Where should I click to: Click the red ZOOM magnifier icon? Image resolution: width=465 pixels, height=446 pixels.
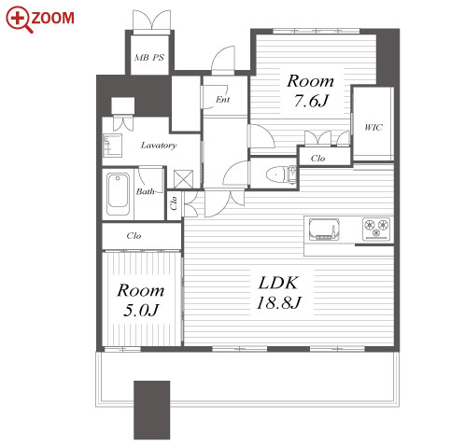[x=20, y=20]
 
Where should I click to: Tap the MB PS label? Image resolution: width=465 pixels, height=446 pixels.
[x=149, y=58]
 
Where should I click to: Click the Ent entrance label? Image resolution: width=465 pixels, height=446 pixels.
[x=223, y=99]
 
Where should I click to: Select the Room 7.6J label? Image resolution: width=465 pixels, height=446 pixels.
[x=311, y=91]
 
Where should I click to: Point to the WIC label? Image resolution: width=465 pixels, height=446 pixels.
[x=373, y=127]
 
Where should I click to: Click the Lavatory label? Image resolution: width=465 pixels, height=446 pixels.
[x=159, y=146]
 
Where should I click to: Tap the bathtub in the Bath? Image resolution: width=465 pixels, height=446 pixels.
[x=118, y=194]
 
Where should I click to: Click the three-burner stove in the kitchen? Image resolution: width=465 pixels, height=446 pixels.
[x=376, y=229]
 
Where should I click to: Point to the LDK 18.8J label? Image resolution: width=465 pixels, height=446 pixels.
[x=278, y=292]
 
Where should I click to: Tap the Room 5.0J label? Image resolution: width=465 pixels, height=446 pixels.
[x=141, y=300]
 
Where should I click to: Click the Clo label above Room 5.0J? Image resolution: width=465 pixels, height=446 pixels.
[x=134, y=236]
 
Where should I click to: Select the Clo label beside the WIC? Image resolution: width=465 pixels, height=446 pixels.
[x=317, y=159]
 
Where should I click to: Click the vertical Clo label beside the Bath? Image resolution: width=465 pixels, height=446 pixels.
[x=174, y=202]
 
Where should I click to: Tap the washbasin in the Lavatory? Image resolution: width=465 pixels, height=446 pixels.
[x=112, y=146]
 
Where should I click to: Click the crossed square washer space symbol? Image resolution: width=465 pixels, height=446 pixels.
[x=183, y=179]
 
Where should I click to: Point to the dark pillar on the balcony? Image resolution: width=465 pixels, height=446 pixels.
[x=152, y=410]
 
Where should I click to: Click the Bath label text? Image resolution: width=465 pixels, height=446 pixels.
[x=145, y=191]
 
